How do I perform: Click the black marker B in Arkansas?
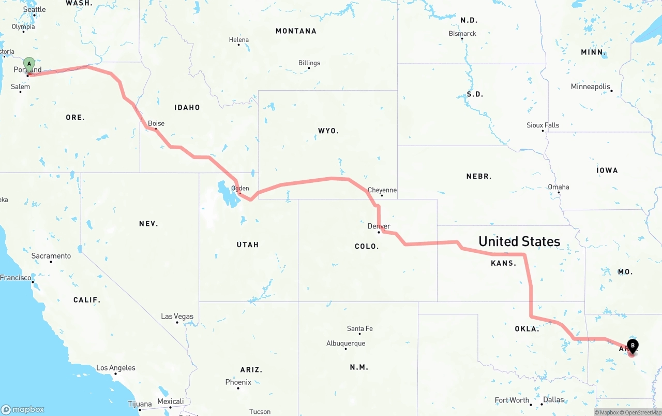[x=633, y=346]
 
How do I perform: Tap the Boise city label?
[x=156, y=123]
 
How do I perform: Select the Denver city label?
[x=379, y=226]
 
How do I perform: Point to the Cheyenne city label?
[x=382, y=190]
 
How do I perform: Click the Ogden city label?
[x=240, y=189]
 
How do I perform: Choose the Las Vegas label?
[x=177, y=317]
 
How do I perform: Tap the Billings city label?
[x=309, y=63]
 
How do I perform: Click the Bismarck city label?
[x=462, y=34]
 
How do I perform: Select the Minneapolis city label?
[x=591, y=87]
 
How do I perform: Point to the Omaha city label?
[x=559, y=187]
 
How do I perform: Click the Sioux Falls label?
[x=543, y=125]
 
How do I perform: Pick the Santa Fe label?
[x=360, y=328]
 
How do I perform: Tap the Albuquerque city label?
[x=345, y=343]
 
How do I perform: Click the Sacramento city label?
[x=51, y=256]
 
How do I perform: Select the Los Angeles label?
[x=116, y=368]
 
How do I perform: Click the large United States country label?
[x=519, y=241]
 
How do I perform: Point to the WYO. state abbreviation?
[x=328, y=131]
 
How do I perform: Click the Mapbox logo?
[x=23, y=410]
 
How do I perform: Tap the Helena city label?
[x=239, y=40]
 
